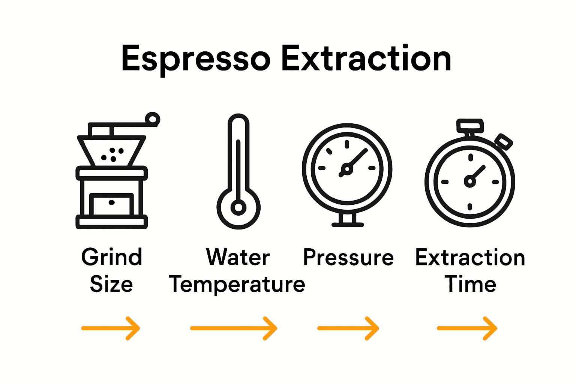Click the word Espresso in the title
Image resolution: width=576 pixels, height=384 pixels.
pos(196,59)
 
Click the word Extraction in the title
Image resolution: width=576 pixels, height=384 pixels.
pos(366,59)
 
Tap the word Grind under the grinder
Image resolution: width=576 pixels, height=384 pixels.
pos(112,257)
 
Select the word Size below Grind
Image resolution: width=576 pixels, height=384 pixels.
pos(111,284)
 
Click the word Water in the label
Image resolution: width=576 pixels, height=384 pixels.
pos(238,257)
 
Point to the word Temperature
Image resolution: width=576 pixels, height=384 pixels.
pos(237,284)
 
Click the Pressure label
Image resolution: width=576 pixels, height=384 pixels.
pos(348,258)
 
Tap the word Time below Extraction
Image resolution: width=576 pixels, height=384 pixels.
pos(470,284)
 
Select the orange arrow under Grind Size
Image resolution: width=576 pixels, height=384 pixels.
pos(111,328)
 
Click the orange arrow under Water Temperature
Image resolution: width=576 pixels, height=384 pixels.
pos(234,328)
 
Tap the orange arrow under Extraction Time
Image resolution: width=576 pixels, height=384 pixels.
pos(467,328)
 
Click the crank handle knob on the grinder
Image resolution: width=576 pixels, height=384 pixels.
pos(152,120)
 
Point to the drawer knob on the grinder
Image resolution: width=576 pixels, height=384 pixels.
pos(111,202)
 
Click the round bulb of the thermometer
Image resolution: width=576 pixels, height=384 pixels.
pos(238,207)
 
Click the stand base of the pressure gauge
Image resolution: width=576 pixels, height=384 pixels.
pos(348,224)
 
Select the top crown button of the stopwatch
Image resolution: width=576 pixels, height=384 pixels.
pos(469,126)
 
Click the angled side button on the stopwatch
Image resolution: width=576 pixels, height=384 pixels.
pos(504,142)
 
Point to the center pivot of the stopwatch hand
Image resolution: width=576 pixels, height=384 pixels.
pos(469,181)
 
